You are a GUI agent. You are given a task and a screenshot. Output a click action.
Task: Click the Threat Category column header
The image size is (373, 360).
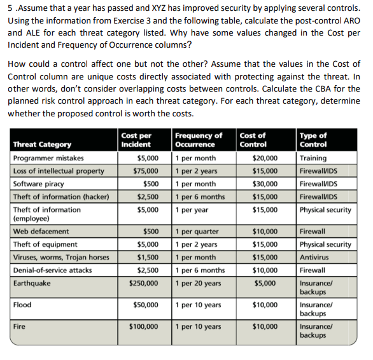42,144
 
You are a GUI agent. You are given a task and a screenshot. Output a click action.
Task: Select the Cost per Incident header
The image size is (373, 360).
136,140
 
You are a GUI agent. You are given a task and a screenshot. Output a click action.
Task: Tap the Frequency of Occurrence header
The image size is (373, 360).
199,140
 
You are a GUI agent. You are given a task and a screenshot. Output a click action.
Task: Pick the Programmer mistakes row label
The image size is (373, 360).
48,158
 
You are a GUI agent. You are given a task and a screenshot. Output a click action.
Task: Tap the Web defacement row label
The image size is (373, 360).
41,232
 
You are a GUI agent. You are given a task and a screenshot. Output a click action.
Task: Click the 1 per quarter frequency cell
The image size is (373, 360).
197,232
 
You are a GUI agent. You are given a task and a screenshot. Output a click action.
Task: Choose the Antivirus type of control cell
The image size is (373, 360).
316,257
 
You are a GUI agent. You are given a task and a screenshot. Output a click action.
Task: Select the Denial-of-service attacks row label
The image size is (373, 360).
52,270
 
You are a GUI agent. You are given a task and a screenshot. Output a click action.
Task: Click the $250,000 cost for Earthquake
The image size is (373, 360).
144,282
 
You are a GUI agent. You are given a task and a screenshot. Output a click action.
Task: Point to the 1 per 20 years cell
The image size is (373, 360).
199,282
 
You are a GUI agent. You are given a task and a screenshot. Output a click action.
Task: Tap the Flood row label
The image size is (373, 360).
22,305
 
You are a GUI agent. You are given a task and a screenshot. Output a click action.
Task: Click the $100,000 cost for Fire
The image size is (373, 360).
144,327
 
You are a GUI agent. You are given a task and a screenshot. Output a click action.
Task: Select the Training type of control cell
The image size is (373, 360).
313,158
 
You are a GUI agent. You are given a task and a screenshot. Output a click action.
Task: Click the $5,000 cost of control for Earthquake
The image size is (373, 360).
267,282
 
